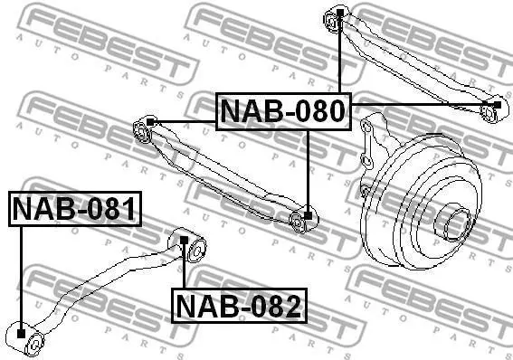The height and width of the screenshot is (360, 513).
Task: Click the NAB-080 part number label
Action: click(283, 111)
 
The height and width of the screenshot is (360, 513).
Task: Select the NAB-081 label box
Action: click(75, 209)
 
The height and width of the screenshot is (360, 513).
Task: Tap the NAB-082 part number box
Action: click(239, 306)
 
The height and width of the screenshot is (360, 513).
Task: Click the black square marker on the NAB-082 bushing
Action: click(185, 241)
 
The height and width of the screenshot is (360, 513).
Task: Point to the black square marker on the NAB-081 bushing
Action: click(21, 334)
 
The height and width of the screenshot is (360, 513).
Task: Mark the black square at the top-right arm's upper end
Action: click(340, 13)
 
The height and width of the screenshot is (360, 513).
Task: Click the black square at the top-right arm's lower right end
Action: click(497, 105)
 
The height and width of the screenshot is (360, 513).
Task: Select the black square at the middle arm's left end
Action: click(150, 122)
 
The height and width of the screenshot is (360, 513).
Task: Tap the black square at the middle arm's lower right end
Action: click(308, 215)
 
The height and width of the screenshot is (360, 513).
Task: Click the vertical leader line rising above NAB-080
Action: click(340, 54)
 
